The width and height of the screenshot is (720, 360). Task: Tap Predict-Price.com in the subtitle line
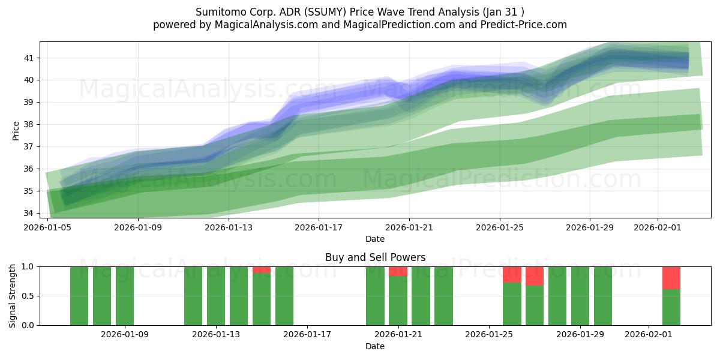tap(526, 25)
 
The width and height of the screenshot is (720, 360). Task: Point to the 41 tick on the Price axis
tap(29, 58)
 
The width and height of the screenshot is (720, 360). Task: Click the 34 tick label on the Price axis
tap(29, 213)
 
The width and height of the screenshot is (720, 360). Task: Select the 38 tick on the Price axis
tap(29, 125)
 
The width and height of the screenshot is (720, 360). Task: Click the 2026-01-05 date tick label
tap(48, 227)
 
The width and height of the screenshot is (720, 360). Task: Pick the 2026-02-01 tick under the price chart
tap(658, 227)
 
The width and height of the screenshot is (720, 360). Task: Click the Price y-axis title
tap(16, 130)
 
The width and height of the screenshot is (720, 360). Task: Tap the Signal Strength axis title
tap(13, 296)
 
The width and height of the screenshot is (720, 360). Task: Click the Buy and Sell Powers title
tap(375, 257)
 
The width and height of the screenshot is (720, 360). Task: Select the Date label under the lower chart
tap(375, 346)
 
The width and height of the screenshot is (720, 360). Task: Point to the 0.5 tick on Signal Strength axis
tap(28, 296)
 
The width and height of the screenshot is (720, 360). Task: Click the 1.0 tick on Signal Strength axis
tap(28, 266)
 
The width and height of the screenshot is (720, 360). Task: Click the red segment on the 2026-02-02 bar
tap(671, 278)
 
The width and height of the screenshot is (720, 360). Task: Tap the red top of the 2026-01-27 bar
tap(535, 276)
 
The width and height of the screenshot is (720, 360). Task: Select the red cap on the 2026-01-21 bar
tap(398, 271)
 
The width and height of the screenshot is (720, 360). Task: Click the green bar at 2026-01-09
tap(125, 296)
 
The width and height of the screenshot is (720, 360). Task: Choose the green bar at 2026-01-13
tap(216, 296)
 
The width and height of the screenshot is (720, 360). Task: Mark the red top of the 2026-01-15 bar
tap(262, 270)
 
